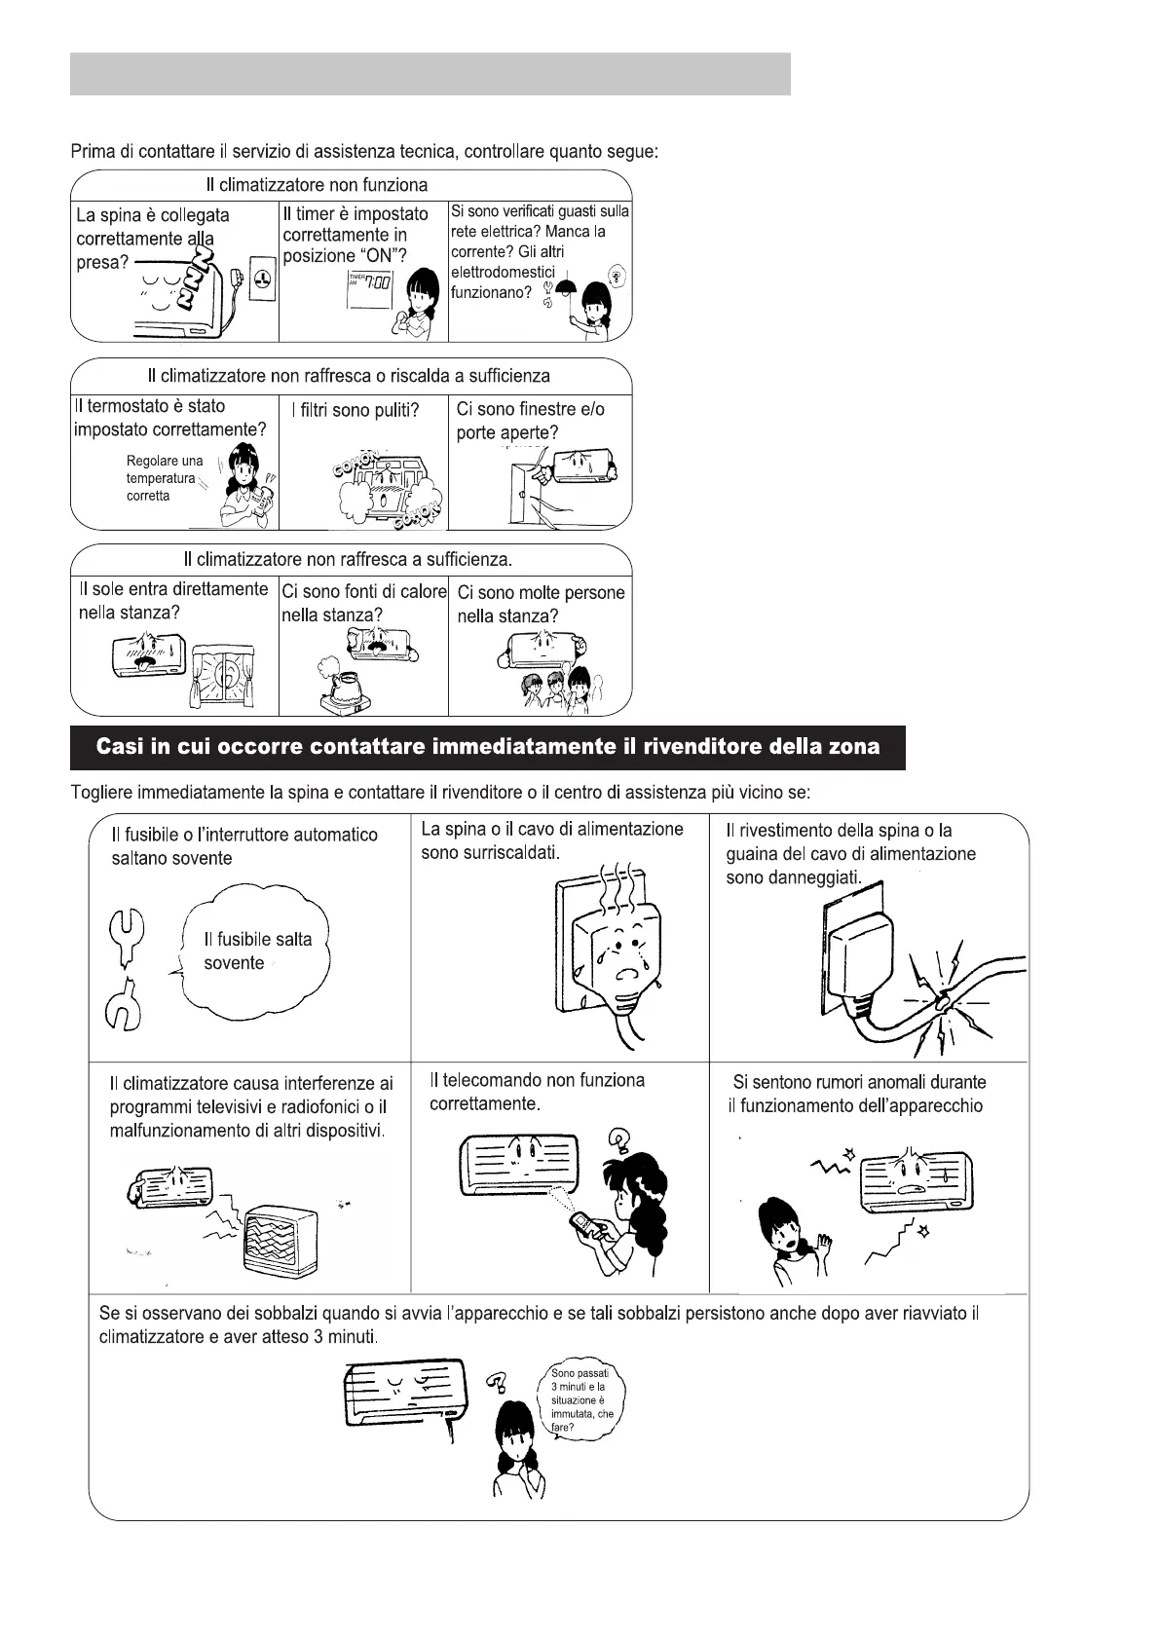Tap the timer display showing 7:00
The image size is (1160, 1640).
point(369,283)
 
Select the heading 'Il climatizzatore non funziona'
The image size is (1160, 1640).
point(317,185)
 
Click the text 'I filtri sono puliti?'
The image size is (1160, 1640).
point(355,410)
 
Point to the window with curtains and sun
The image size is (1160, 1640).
point(224,676)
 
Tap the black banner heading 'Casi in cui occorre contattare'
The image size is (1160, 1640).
point(487,747)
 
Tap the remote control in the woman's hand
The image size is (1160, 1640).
point(585,1224)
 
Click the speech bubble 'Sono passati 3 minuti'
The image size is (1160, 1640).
point(582,1400)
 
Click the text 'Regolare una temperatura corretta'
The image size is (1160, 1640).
point(164,478)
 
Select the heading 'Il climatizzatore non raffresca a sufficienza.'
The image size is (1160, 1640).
point(348,560)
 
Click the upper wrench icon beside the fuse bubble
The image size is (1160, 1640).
point(126,936)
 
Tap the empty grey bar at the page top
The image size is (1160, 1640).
point(430,74)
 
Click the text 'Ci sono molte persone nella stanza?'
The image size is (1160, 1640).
point(541,604)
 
